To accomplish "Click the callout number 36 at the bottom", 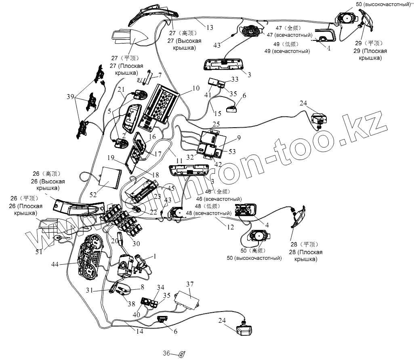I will click(166, 353).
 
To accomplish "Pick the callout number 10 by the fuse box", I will click(196, 88).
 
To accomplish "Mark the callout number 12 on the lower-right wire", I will click(230, 227).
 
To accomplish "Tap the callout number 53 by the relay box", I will click(232, 151).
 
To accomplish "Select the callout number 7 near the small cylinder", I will click(160, 75).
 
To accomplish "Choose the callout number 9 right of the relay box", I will click(239, 138).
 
